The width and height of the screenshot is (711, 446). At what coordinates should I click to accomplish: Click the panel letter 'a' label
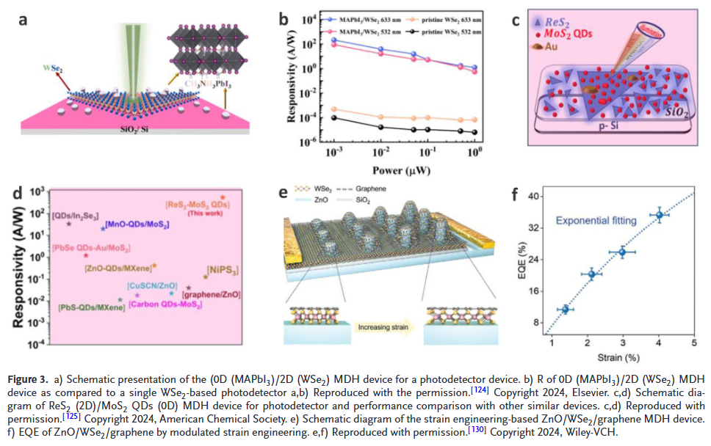click(24, 20)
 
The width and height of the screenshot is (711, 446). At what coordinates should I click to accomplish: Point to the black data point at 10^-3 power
click(334, 117)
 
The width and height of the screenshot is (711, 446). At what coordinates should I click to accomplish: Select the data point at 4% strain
click(659, 215)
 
